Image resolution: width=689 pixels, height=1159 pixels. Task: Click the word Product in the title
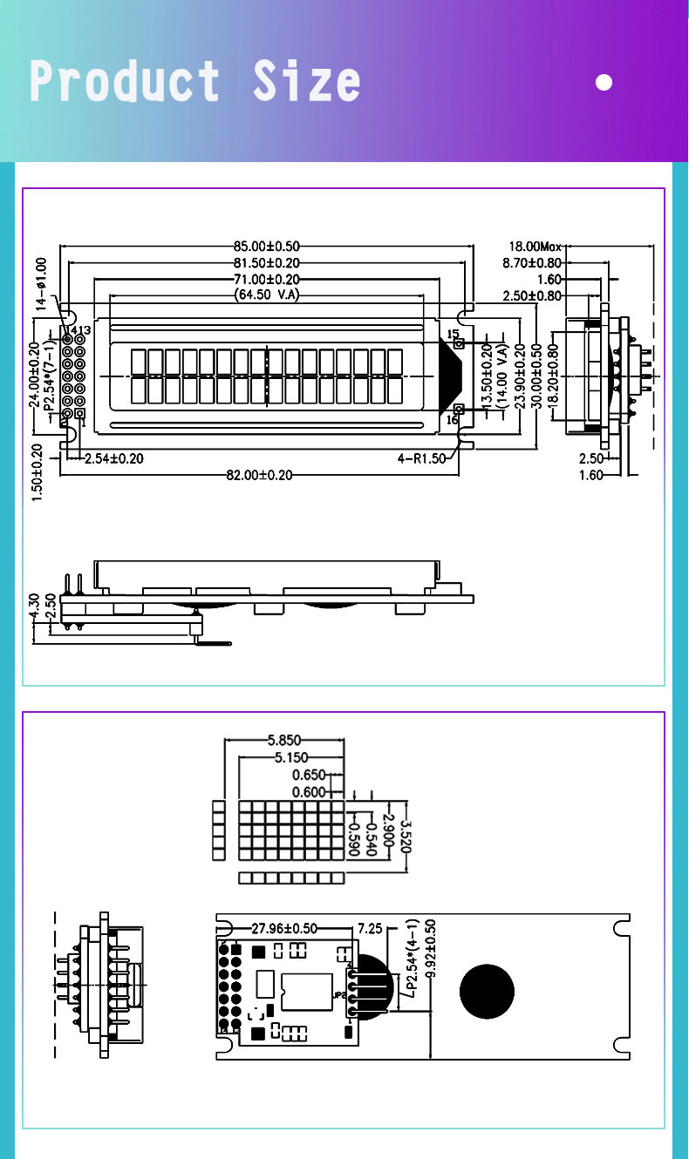click(x=125, y=82)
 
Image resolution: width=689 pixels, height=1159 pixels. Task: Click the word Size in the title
click(x=307, y=82)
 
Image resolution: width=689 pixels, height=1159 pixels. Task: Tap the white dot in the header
click(x=604, y=83)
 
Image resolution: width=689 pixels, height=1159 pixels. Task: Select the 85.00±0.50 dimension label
click(x=267, y=247)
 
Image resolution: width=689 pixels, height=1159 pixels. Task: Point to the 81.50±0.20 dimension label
click(x=267, y=263)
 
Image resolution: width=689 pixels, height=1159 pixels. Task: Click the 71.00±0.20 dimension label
click(x=267, y=280)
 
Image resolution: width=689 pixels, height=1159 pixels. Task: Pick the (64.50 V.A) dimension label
click(x=267, y=295)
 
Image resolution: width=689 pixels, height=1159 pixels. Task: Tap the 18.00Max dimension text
click(x=536, y=247)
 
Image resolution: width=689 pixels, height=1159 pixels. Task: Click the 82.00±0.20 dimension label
click(x=260, y=475)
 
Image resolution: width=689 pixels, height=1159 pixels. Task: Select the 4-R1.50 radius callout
click(x=422, y=458)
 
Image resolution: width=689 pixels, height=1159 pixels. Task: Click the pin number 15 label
click(x=453, y=334)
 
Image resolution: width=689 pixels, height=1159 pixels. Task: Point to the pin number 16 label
click(x=453, y=420)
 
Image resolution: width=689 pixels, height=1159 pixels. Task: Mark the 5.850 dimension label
click(x=285, y=742)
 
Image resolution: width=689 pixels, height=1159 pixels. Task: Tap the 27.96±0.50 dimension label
click(x=284, y=928)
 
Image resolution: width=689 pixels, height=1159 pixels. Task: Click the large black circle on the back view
click(x=487, y=992)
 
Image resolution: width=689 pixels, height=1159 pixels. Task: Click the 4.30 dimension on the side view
click(x=33, y=607)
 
